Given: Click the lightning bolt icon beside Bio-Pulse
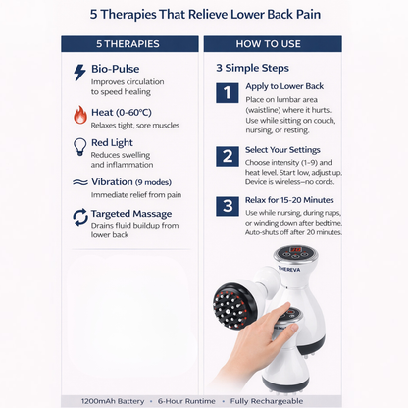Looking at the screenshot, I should tap(80, 73).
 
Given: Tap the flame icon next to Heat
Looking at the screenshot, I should tap(80, 114).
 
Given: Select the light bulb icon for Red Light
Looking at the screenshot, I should tap(80, 147).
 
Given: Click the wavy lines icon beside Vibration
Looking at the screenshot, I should tap(80, 182).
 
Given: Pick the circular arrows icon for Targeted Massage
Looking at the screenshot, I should tap(80, 216).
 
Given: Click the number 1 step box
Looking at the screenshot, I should tap(228, 93).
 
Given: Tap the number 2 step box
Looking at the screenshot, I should tap(228, 155).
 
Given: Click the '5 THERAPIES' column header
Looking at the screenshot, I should tap(128, 43).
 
